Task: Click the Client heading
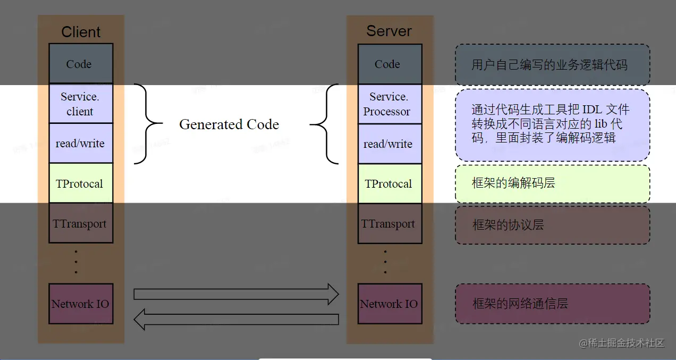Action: [81, 32]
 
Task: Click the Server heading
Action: [389, 31]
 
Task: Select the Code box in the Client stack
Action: [81, 64]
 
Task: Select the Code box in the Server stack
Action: [390, 64]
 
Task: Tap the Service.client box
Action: [81, 104]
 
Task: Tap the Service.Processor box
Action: [390, 104]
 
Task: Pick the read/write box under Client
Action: [81, 144]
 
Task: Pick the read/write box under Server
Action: [390, 144]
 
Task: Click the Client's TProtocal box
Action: [81, 183]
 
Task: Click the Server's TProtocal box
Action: [390, 184]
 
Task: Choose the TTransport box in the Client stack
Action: [81, 223]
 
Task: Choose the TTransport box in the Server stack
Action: [390, 224]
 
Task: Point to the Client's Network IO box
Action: [81, 304]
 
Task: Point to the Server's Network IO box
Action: [390, 304]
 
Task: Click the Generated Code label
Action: [229, 124]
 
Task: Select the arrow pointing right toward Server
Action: [236, 294]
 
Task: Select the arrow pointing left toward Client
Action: [236, 320]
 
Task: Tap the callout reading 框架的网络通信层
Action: [552, 304]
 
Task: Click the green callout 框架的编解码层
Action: [552, 183]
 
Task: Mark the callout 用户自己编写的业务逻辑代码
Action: [552, 65]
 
